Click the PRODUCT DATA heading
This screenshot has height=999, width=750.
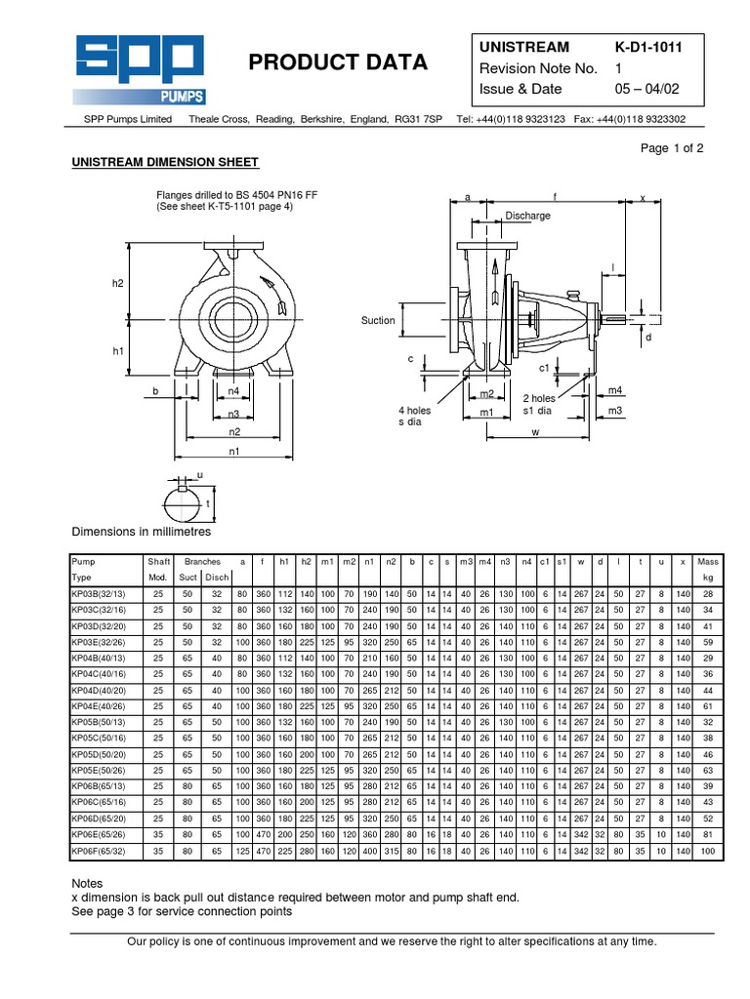[x=338, y=62]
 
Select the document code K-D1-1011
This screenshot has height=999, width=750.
[x=654, y=48]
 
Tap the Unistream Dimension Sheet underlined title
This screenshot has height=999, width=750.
[x=165, y=162]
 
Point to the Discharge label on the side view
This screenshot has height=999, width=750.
[x=527, y=216]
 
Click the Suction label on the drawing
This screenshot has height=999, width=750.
[x=378, y=320]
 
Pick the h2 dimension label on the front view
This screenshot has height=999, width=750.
[x=118, y=283]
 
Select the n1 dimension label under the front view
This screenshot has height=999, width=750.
[x=234, y=452]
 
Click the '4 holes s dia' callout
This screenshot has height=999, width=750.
[x=414, y=417]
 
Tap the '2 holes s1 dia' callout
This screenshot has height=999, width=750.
[x=539, y=405]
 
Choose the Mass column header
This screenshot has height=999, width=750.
[x=708, y=562]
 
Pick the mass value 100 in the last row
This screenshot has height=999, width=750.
[x=708, y=852]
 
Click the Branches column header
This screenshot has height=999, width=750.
[x=203, y=562]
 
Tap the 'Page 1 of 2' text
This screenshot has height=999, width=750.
[x=671, y=148]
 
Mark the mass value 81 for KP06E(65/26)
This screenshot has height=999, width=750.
[x=708, y=835]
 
